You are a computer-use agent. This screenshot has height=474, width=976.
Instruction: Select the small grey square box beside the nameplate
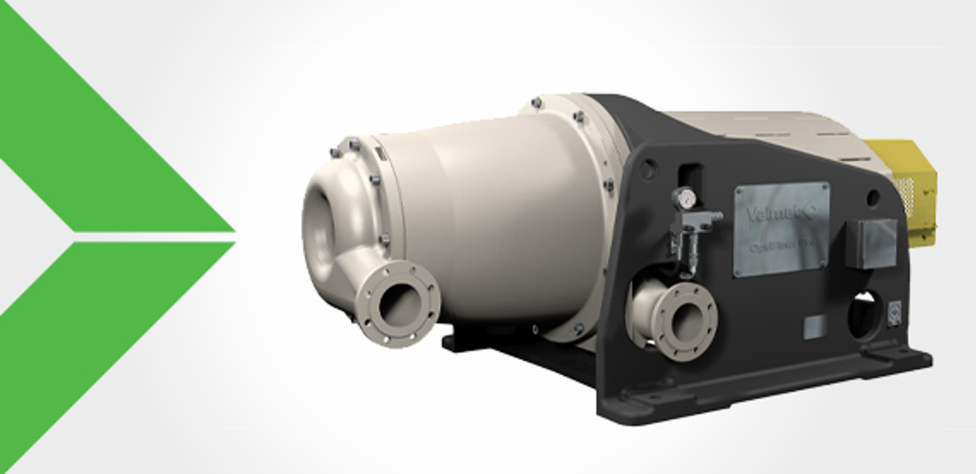coord(871,243)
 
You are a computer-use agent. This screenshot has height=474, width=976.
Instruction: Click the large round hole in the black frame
coord(863,316)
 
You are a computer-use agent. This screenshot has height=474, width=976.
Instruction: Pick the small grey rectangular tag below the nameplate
coord(813,327)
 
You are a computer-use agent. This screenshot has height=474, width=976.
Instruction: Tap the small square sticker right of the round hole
coord(894,311)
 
